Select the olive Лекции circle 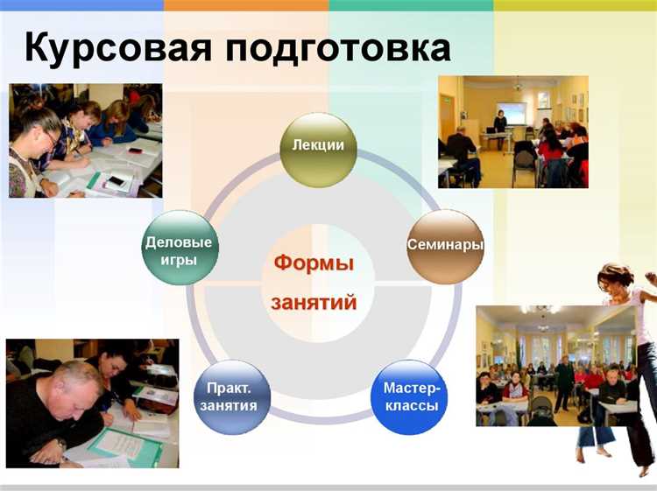click(x=318, y=147)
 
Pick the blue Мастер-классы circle click(x=408, y=396)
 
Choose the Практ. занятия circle click(x=231, y=396)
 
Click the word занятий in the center click(x=314, y=303)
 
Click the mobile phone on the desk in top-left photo click(x=115, y=181)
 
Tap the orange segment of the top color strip click(x=245, y=4)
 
